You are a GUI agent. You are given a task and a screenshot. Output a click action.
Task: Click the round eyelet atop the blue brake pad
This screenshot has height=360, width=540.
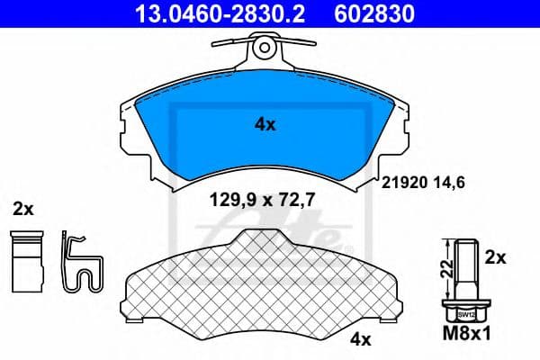pos(265,45)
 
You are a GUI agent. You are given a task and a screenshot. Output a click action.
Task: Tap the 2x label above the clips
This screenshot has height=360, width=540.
pos(23,210)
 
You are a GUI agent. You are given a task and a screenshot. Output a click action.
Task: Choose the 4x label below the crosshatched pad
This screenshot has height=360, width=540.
pos(360,339)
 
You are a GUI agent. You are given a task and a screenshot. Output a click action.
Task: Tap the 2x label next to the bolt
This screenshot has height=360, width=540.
pos(495,257)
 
